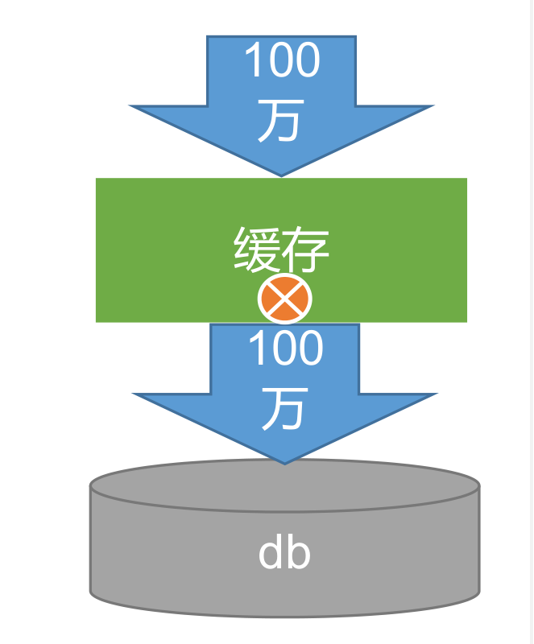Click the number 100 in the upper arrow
(281, 61)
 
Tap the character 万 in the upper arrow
(280, 122)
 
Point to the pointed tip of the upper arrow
(281, 174)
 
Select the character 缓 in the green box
(258, 250)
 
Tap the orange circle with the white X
(284, 300)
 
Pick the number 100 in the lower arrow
(285, 350)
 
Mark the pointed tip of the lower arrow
(284, 462)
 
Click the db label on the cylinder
(284, 554)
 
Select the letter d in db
(271, 554)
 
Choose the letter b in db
(298, 554)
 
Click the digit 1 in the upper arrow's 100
(252, 61)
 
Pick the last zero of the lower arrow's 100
(308, 350)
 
